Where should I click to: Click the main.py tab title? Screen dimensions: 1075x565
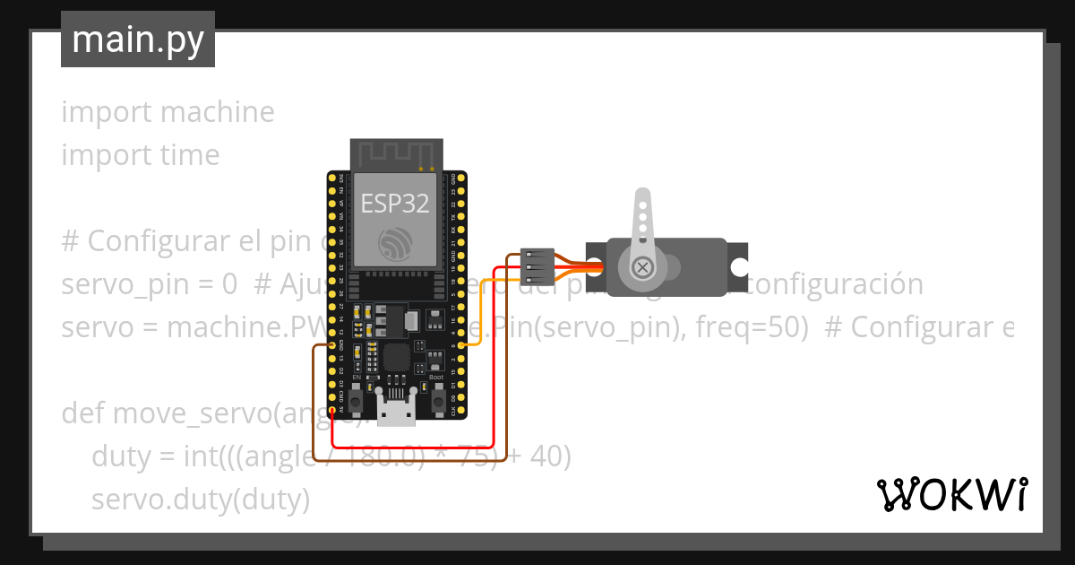(x=137, y=39)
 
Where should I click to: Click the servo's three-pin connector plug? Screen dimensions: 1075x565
(x=537, y=266)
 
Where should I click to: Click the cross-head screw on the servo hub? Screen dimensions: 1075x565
(x=642, y=266)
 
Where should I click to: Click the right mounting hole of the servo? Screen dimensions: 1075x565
(x=738, y=267)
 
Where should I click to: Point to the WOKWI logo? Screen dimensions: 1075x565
(x=951, y=494)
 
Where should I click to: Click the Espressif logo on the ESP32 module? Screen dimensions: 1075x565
(x=395, y=242)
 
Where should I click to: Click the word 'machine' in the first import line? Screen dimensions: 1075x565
(x=218, y=112)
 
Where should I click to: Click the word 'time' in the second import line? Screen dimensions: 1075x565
(x=190, y=155)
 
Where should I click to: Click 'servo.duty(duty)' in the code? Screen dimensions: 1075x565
(x=201, y=499)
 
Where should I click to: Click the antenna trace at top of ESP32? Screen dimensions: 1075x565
(x=395, y=153)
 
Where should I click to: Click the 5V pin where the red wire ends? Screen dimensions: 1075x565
(x=332, y=412)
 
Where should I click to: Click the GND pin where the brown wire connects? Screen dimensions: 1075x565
(x=332, y=344)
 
